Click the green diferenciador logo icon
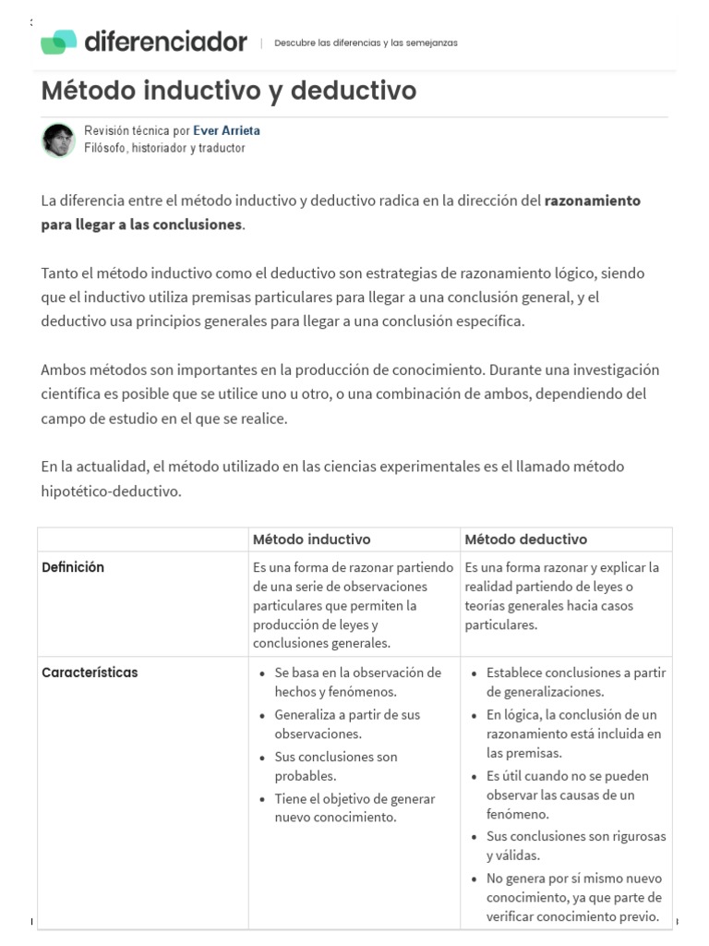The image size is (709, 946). (58, 42)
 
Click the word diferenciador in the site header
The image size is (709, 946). (166, 42)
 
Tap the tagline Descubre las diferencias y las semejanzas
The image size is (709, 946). (366, 42)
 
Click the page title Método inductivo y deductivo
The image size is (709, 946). (229, 91)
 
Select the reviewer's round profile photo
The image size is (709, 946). (58, 139)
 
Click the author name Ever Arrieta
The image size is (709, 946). (226, 131)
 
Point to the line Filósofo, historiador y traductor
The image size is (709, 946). (164, 148)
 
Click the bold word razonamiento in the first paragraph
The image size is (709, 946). (593, 200)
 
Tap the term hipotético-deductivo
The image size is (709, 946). (111, 491)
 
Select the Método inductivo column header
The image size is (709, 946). (312, 539)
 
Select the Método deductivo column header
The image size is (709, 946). (526, 539)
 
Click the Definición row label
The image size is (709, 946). (73, 567)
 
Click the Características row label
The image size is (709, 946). (90, 673)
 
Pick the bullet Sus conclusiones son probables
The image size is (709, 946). (336, 766)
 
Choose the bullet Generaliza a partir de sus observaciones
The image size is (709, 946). (346, 724)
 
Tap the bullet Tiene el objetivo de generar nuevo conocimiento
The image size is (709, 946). (354, 807)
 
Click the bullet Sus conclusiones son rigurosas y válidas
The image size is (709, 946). (576, 845)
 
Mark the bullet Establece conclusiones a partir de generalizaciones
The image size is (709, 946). (576, 682)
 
